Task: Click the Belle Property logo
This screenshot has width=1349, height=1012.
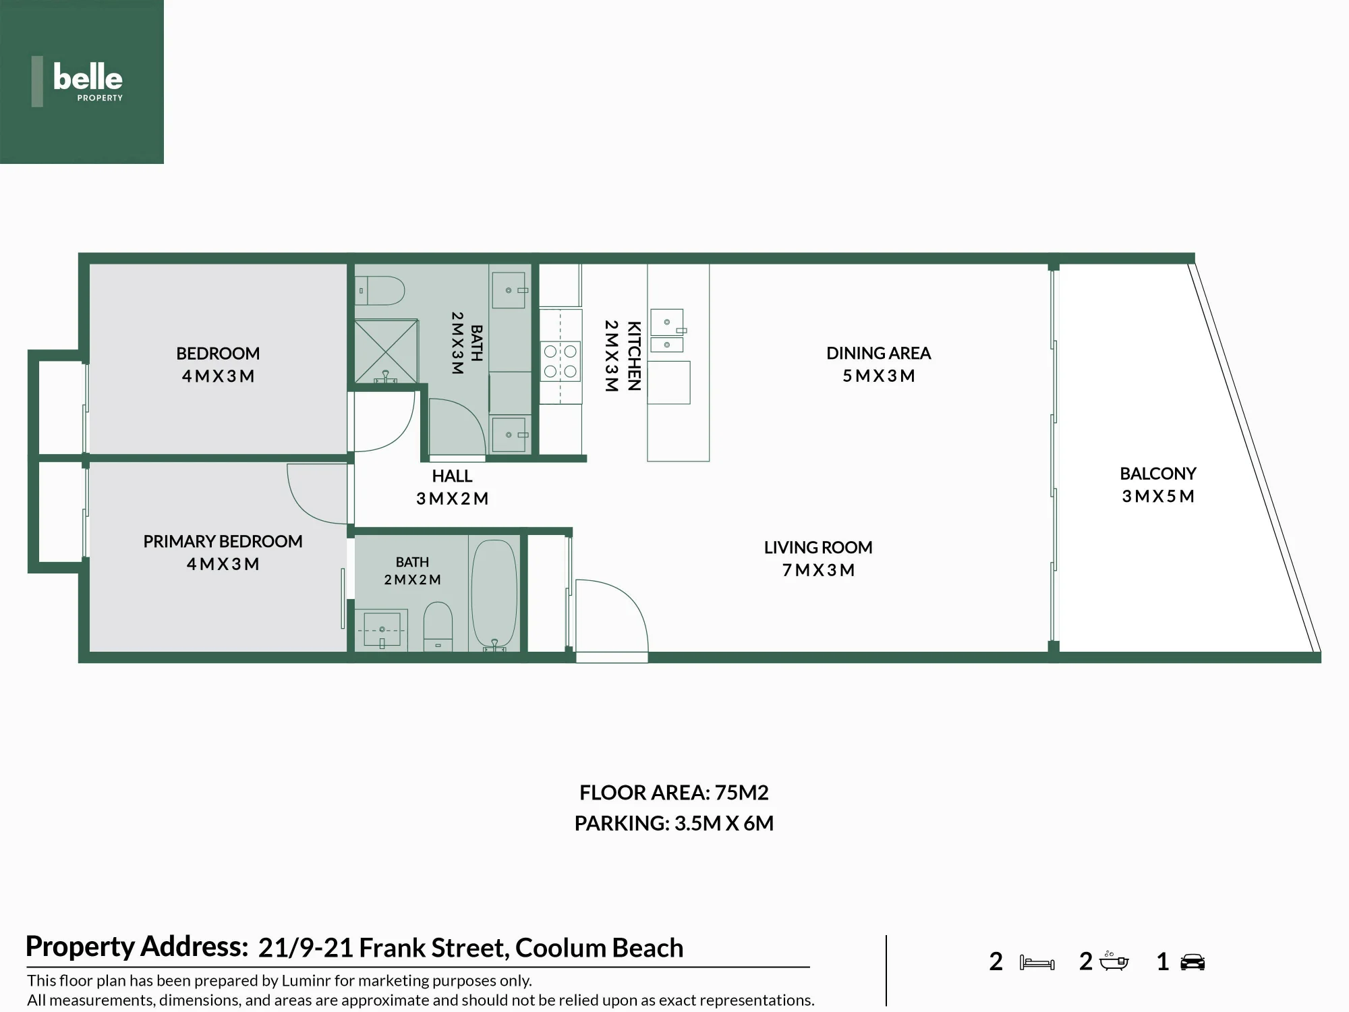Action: (x=82, y=82)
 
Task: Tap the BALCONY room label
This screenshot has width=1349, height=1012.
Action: (x=1158, y=474)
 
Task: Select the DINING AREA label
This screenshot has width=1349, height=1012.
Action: (x=878, y=354)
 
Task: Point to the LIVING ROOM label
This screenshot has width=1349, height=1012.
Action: (x=818, y=548)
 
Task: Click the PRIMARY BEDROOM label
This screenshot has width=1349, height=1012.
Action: (x=223, y=542)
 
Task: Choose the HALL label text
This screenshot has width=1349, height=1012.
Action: (x=452, y=476)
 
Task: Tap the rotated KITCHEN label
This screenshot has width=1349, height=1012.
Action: (x=634, y=356)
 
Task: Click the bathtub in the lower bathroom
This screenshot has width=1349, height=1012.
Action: (x=494, y=594)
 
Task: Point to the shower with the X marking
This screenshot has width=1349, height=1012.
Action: (x=386, y=352)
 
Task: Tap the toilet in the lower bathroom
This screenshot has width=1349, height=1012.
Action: (x=438, y=626)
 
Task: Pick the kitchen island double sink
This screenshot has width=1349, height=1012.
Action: (x=667, y=331)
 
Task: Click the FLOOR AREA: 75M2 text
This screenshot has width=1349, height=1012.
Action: (x=674, y=793)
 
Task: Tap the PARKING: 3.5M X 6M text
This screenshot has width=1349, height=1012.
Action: (x=674, y=824)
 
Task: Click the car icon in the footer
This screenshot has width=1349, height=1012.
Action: (x=1193, y=962)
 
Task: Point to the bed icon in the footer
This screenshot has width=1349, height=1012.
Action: (x=1037, y=963)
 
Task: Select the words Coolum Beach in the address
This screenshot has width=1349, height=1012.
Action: (x=599, y=949)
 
